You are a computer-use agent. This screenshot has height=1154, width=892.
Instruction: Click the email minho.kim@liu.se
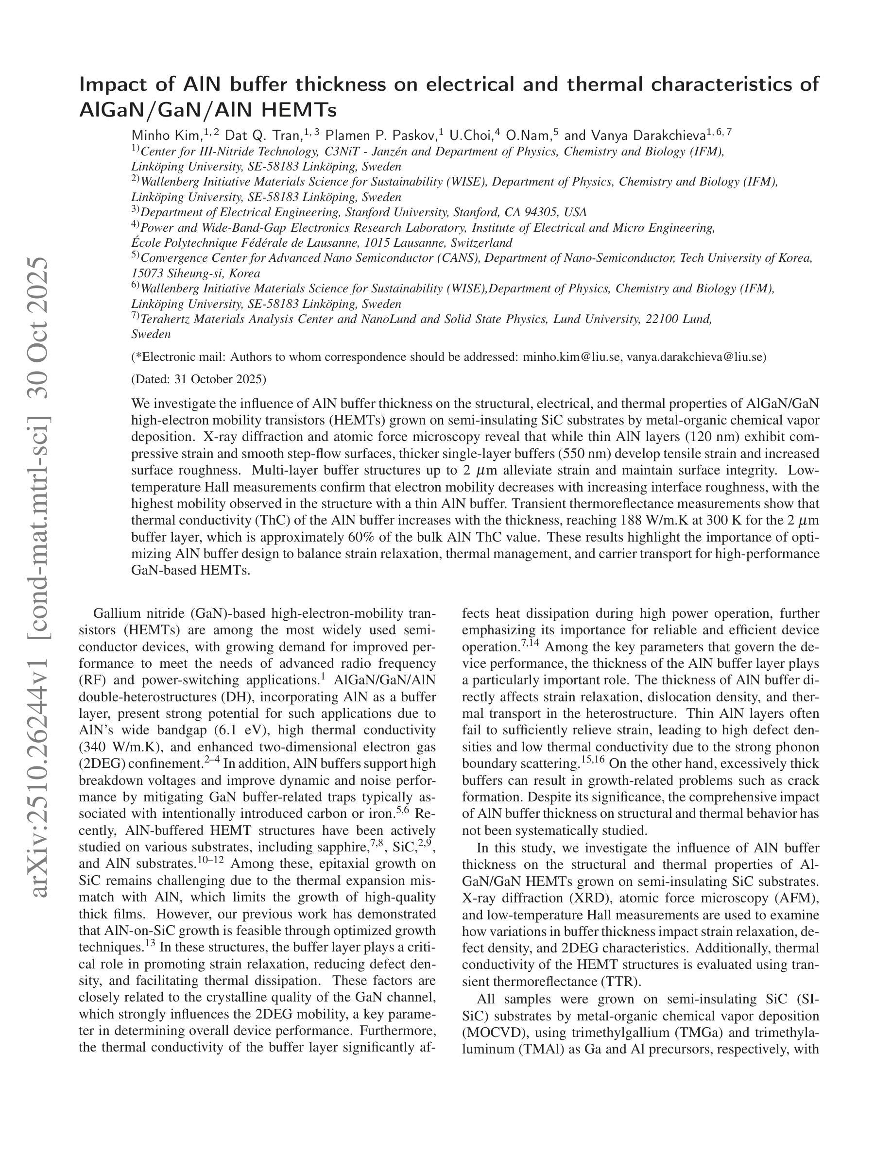pyautogui.click(x=572, y=356)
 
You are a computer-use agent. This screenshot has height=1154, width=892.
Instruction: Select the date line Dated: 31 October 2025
pyautogui.click(x=199, y=379)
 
